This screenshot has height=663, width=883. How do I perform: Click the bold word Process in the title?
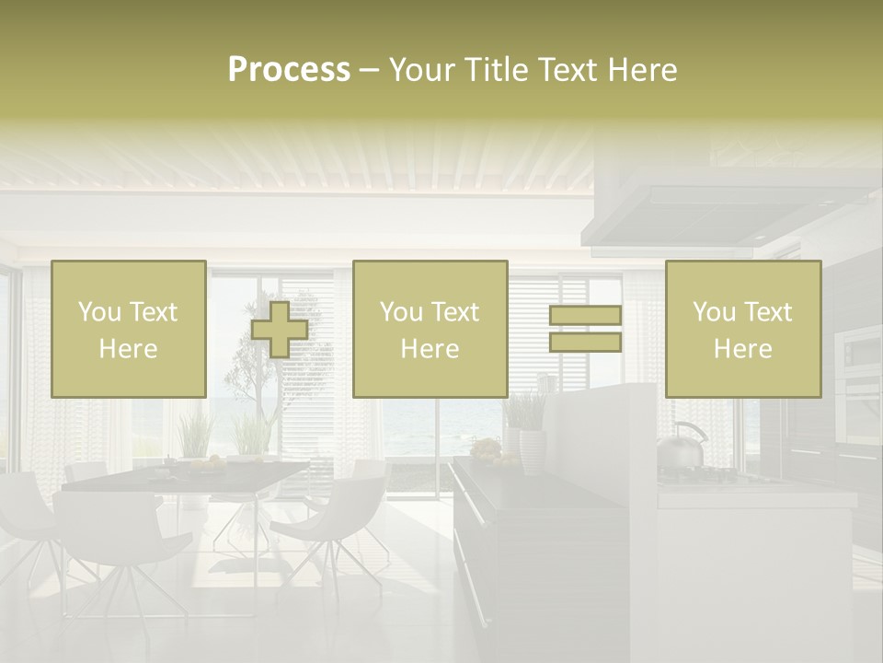point(289,70)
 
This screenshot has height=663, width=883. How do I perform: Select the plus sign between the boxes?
point(280,330)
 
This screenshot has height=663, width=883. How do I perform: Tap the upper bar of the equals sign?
point(585,316)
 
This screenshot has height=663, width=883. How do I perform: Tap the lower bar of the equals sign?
point(585,342)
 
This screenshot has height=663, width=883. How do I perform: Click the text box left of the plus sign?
point(129,329)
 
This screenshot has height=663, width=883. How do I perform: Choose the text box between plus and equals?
point(430,329)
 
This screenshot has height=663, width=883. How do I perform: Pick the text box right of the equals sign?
point(742,329)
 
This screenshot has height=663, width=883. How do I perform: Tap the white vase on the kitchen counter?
point(532,451)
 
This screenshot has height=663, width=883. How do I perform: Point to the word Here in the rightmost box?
point(742,349)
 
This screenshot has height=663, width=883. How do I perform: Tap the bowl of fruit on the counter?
point(485,449)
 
